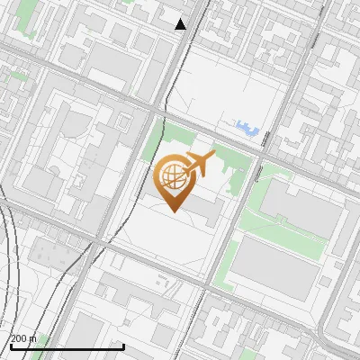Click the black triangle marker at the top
(x=181, y=24)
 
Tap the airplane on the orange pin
(x=198, y=164)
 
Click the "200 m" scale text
(x=23, y=338)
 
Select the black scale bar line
(x=67, y=346)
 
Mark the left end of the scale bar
(x=11, y=346)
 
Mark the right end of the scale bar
(x=123, y=346)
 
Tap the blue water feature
(x=247, y=128)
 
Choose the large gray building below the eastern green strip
(x=279, y=270)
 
